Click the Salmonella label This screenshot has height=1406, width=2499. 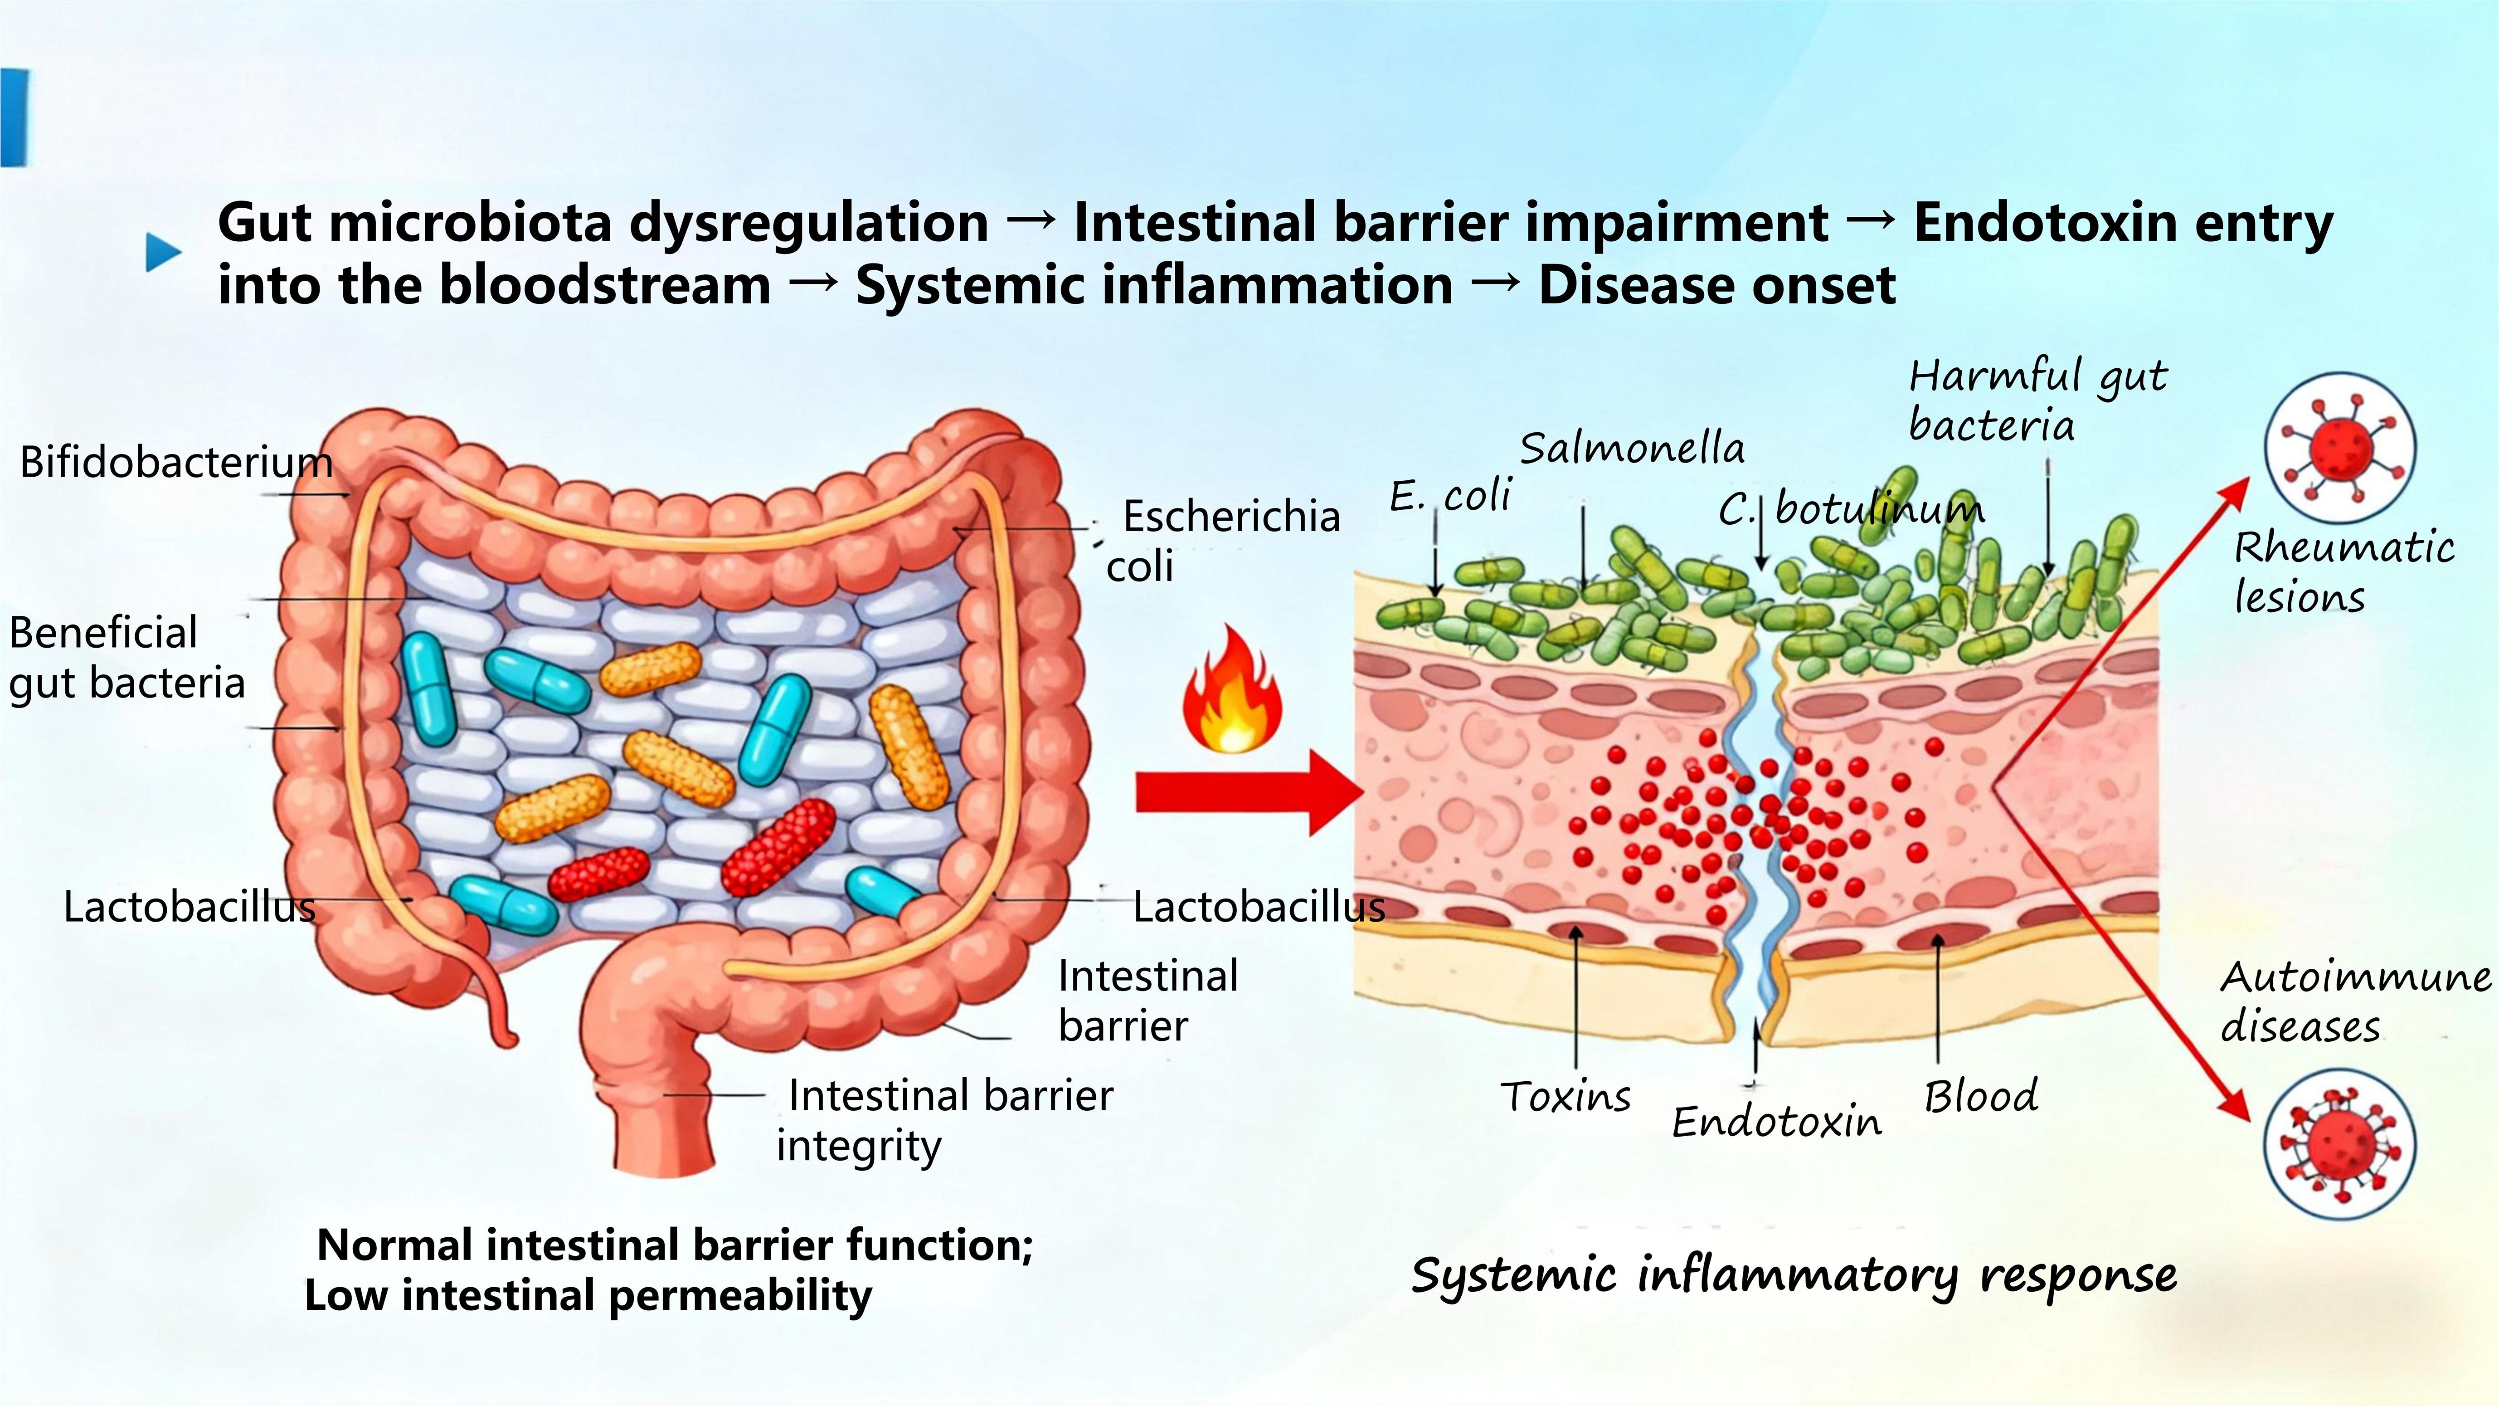pos(1632,448)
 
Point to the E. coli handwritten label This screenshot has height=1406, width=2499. pos(1450,497)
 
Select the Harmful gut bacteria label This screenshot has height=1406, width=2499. pos(2037,400)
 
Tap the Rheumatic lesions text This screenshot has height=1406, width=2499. pos(2343,572)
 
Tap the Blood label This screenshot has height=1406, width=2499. pos(1980,1097)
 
